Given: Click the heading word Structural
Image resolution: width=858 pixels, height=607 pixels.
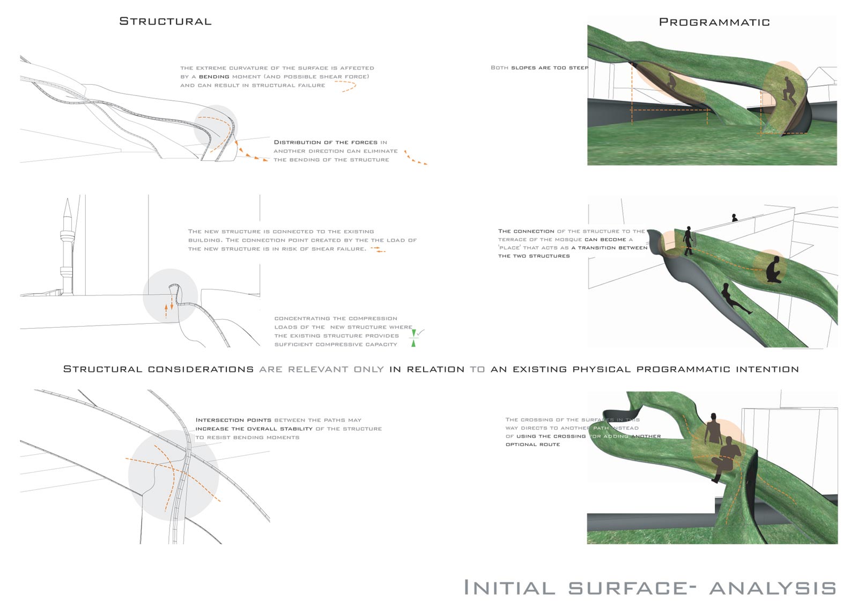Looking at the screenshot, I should (x=165, y=21).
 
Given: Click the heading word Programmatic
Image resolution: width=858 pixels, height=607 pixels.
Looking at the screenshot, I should (x=714, y=22).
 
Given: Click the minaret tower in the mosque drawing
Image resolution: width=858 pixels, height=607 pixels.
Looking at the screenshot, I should (x=67, y=247).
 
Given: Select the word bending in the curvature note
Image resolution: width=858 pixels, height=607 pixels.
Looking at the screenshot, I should (x=214, y=77).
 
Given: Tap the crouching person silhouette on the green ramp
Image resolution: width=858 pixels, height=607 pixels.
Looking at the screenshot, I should (x=774, y=269).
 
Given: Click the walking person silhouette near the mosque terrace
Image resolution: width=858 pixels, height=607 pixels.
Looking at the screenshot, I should (x=688, y=240).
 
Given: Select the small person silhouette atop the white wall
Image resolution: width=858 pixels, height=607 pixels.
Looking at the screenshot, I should (x=735, y=218).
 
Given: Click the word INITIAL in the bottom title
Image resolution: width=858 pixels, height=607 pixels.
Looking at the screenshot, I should (x=509, y=588).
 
